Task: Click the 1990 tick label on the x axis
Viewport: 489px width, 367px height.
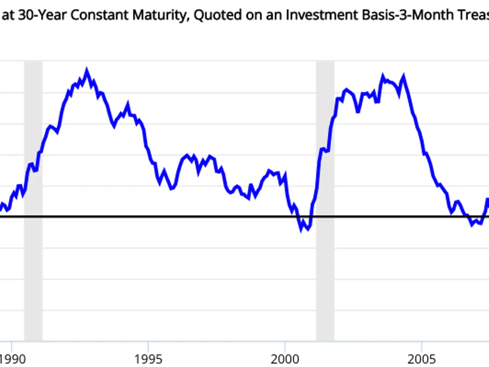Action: click(x=12, y=359)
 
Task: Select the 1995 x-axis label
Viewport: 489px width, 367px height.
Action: click(x=148, y=359)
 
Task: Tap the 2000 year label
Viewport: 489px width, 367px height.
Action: click(x=285, y=359)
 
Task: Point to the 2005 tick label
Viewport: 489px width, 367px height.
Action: click(x=421, y=359)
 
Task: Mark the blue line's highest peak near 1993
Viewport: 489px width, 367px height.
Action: click(x=87, y=71)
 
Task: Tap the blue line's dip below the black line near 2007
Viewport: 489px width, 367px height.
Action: click(x=472, y=224)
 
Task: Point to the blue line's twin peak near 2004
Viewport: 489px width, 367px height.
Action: click(x=403, y=78)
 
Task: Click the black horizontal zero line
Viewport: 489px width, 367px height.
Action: click(x=191, y=217)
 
